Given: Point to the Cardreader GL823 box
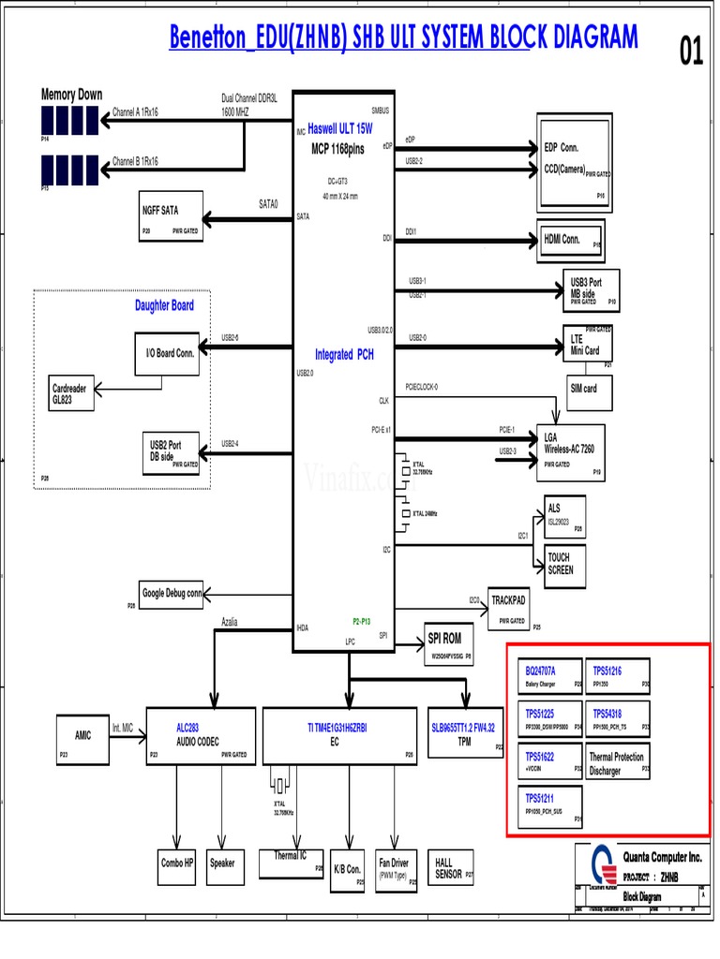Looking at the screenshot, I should click(73, 393).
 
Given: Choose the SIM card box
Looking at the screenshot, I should click(583, 389).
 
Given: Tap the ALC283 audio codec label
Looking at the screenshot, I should click(187, 727).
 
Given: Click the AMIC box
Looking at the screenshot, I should click(83, 735).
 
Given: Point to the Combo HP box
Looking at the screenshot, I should click(177, 863).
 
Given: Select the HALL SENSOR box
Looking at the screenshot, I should click(452, 868).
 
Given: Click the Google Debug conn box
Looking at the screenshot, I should click(172, 594).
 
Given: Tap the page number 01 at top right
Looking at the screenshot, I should click(691, 55).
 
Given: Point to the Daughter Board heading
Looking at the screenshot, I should click(164, 305).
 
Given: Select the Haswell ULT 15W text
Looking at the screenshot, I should click(339, 128).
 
